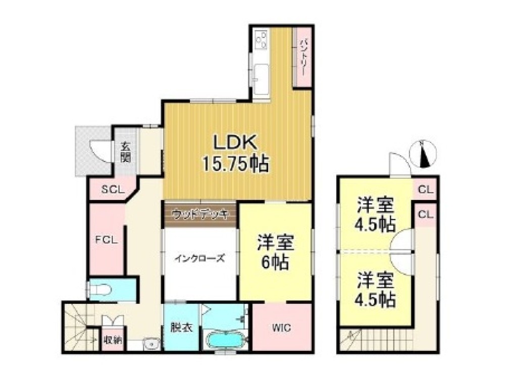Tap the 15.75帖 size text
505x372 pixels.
click(x=235, y=163)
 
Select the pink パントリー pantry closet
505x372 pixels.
click(x=302, y=57)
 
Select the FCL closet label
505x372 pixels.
click(x=107, y=240)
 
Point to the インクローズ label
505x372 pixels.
click(x=200, y=257)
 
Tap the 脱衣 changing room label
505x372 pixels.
click(x=180, y=328)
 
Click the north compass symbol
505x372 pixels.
click(x=426, y=154)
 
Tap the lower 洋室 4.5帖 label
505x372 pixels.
click(x=375, y=289)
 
